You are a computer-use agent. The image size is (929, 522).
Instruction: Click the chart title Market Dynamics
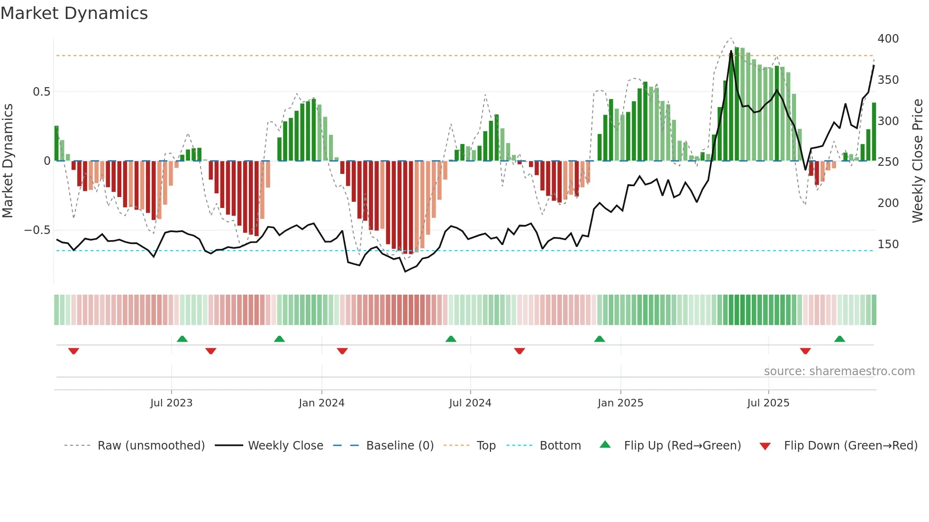coord(74,13)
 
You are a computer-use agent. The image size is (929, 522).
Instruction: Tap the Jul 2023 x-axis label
coord(171,403)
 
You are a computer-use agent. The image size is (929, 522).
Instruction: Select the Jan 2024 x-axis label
coord(321,403)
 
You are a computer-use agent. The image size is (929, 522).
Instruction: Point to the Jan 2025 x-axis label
coord(620,403)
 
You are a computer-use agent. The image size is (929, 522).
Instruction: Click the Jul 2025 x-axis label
coord(768,403)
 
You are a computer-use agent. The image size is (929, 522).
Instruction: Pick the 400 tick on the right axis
coord(888,39)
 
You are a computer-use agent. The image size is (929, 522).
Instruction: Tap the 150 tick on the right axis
coord(888,244)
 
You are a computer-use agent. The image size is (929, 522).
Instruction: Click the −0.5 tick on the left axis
coord(37,230)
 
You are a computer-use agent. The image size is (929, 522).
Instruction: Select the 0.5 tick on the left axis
coord(41,92)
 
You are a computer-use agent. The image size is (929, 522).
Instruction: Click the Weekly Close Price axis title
coord(918,161)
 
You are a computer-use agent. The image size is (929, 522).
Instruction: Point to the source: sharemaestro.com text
coord(839,371)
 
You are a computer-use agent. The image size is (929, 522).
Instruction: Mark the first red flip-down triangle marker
coord(73,351)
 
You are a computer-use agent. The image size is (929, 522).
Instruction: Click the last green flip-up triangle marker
coord(839,339)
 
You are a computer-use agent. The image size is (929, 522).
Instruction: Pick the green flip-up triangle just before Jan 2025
coord(600,339)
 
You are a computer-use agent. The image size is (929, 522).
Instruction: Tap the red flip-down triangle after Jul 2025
coord(805,351)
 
